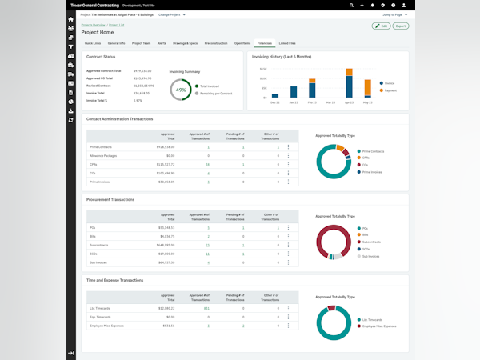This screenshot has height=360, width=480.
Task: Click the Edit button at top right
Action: tap(382, 26)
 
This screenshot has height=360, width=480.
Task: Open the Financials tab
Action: tap(264, 42)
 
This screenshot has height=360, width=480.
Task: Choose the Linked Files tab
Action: tap(287, 42)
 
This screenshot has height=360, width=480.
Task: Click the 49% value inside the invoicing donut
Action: tap(181, 90)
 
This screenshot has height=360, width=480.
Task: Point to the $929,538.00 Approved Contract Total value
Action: tap(142, 70)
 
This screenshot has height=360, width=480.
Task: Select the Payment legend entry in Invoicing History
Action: tap(390, 90)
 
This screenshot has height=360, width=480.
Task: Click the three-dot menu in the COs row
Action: tap(288, 173)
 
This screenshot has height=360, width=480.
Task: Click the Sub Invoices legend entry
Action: tap(370, 258)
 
